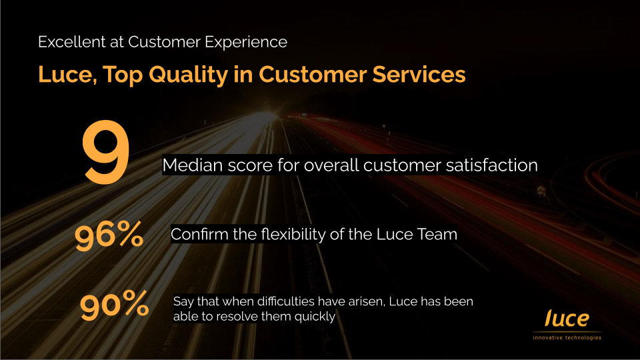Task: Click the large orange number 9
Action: pyautogui.click(x=106, y=151)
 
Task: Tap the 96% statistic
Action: pyautogui.click(x=109, y=235)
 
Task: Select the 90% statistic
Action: pyautogui.click(x=114, y=305)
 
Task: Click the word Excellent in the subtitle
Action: pyautogui.click(x=72, y=42)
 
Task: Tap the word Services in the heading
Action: pyautogui.click(x=419, y=74)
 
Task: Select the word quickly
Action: pyautogui.click(x=315, y=317)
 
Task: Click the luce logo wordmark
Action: pyautogui.click(x=567, y=319)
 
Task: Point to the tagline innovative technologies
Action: pyautogui.click(x=567, y=337)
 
